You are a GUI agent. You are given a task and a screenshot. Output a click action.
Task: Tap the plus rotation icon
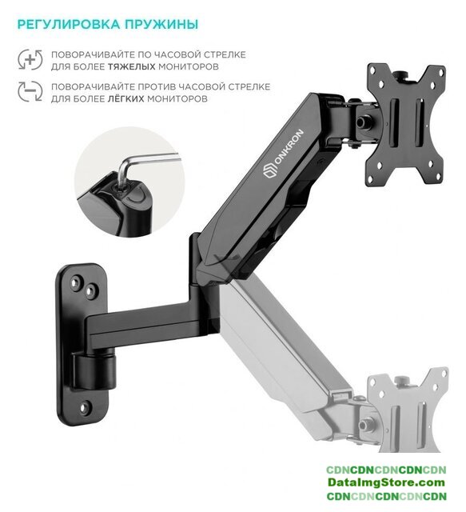30,60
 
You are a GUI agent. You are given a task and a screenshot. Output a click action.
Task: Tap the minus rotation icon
30,91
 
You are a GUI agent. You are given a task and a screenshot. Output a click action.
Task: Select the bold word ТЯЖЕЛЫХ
132,67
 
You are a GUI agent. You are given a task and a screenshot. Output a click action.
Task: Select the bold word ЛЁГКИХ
125,98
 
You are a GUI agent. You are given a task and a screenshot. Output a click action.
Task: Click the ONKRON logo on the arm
283,154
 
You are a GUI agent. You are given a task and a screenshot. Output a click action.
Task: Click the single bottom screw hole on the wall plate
86,407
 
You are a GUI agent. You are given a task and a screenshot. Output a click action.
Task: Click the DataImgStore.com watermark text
386,482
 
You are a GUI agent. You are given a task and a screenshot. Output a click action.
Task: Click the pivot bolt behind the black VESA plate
361,122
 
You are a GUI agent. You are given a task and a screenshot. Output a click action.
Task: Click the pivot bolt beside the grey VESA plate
363,425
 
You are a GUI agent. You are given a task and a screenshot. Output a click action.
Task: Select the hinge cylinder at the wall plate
94,370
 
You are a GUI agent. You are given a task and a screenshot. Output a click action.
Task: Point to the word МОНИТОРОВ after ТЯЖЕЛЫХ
189,67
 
